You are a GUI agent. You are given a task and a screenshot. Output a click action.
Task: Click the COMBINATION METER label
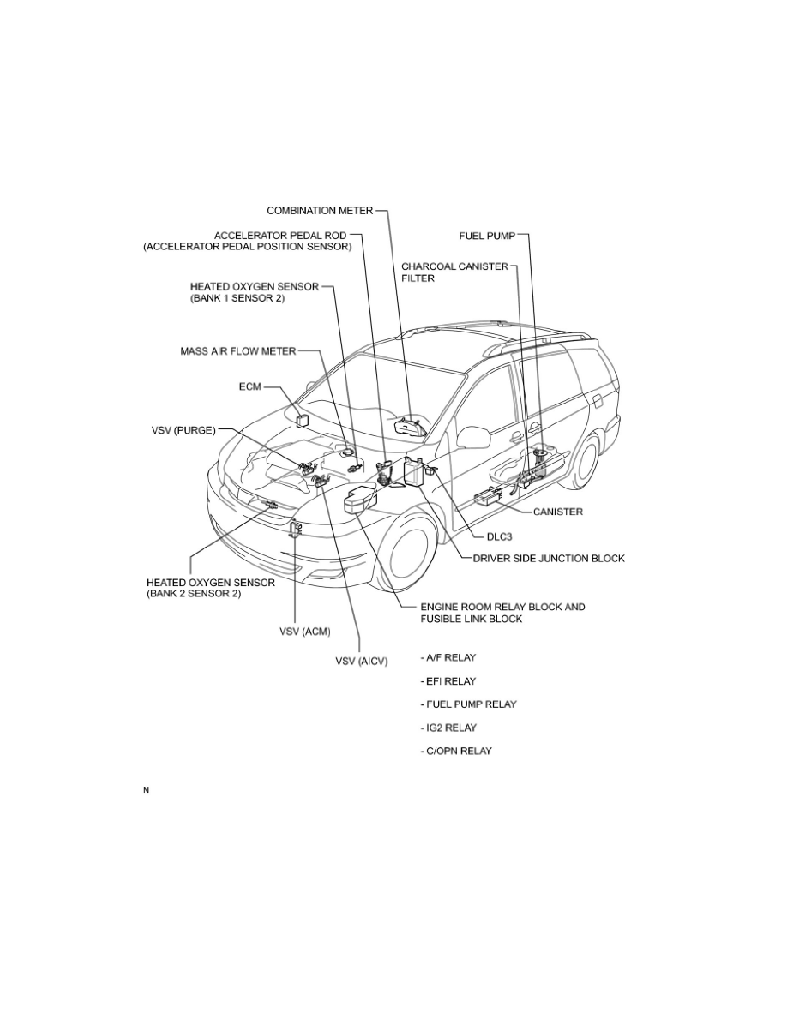[320, 210]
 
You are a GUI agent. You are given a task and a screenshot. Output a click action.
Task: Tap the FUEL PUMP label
[487, 236]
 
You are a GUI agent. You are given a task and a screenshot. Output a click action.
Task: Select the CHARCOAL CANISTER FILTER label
[454, 272]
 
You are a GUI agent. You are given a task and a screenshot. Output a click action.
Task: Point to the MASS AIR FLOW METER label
[237, 351]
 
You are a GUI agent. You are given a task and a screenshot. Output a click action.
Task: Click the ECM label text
[250, 387]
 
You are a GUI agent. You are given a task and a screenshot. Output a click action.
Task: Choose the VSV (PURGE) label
[183, 430]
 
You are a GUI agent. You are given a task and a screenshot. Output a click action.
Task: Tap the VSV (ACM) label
[305, 631]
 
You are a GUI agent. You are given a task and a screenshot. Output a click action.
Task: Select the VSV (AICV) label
[362, 661]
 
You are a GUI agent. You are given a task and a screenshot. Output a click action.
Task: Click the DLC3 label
[499, 537]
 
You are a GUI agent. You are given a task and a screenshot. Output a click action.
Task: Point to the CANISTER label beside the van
[558, 512]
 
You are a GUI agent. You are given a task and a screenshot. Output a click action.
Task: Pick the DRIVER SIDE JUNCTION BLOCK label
[549, 559]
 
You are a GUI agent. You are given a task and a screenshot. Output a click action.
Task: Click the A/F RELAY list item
[448, 658]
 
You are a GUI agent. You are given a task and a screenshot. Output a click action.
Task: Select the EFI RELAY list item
[448, 681]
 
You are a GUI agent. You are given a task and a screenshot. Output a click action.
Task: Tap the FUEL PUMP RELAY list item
[468, 704]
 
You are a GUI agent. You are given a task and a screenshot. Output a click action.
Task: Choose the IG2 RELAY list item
[448, 728]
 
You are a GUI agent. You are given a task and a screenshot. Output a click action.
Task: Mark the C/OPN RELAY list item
[456, 752]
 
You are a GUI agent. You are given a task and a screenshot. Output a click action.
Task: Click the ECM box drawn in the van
[303, 419]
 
